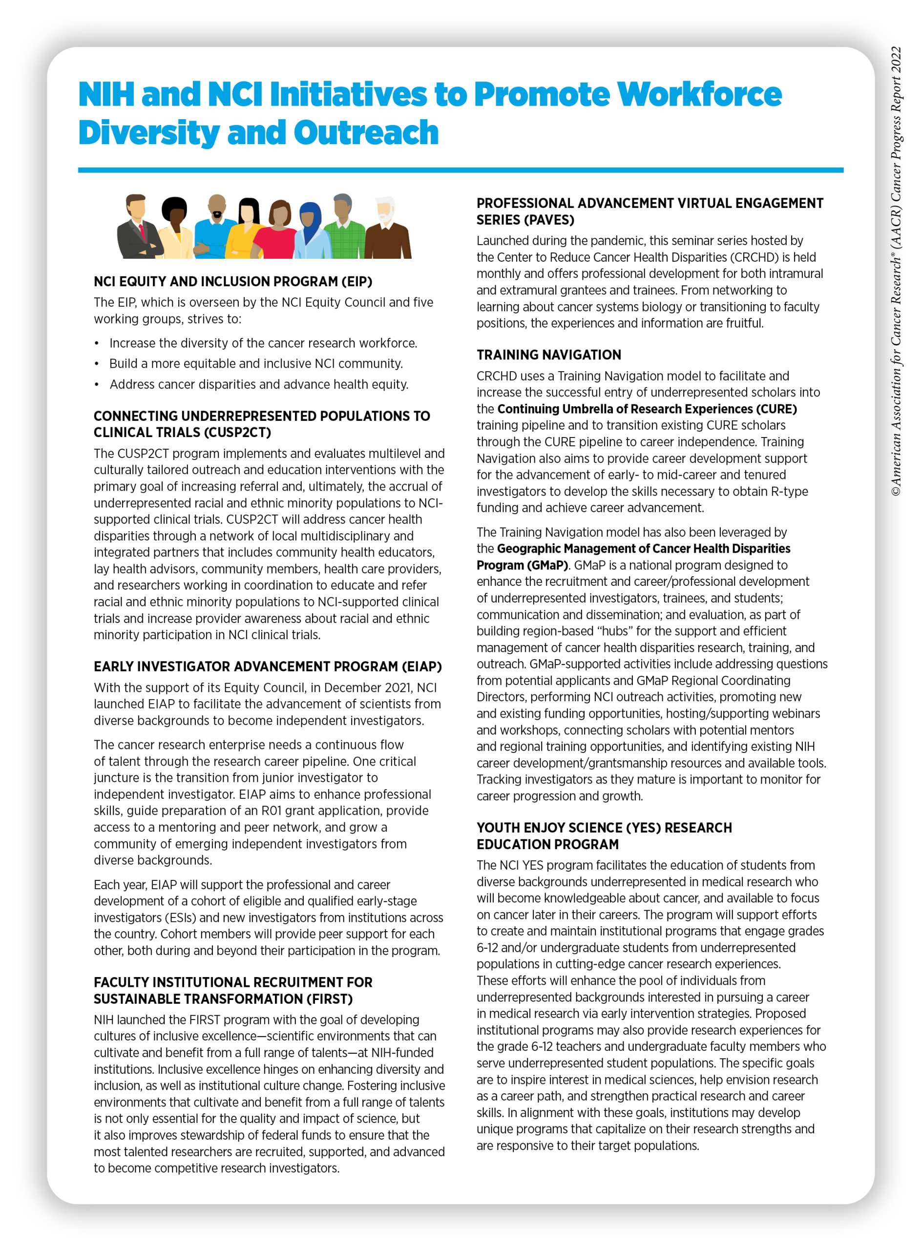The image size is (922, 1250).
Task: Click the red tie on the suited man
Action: (142, 231)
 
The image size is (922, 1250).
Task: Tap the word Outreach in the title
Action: (366, 133)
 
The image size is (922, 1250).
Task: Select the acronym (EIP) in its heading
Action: (352, 281)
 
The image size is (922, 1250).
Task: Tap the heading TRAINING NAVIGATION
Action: (548, 355)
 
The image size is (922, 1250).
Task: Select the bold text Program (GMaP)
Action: (522, 565)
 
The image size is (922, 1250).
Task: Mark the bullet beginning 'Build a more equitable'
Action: (255, 363)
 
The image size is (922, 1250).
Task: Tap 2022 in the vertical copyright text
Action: (896, 59)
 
